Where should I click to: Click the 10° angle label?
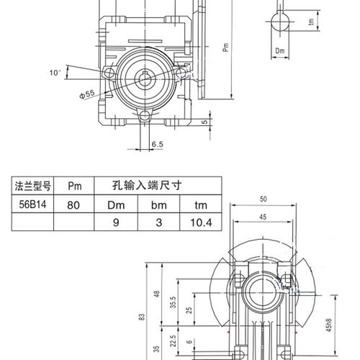(x=55, y=73)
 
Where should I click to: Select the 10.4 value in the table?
(x=199, y=223)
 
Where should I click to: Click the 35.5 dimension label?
(x=173, y=301)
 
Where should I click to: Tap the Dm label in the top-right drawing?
(x=282, y=51)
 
